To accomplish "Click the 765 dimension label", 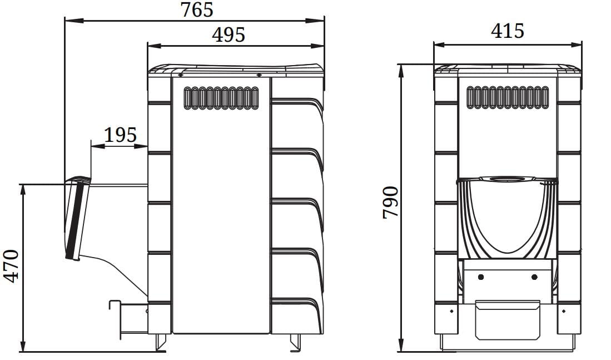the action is [x=197, y=10].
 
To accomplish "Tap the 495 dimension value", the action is [x=228, y=34].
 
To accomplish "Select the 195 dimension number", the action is [x=121, y=135].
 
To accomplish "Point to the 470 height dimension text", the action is [x=11, y=266].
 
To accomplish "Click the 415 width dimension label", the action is [x=508, y=31].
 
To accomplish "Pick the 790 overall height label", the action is [x=390, y=203].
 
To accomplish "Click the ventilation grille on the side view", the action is [x=221, y=98].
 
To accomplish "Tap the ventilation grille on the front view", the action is [x=508, y=97].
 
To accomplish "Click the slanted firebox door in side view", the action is [x=77, y=219].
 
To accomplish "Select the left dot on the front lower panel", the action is [x=481, y=277].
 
